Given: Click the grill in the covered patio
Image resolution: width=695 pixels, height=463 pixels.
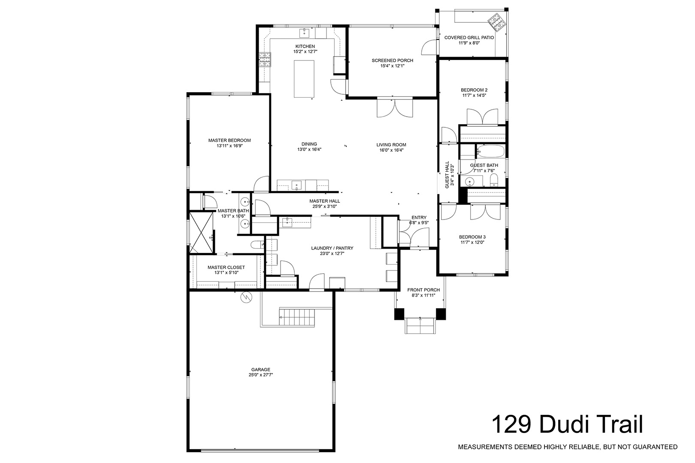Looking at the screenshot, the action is (496, 23).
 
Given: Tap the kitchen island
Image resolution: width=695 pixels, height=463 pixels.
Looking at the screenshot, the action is (304, 79).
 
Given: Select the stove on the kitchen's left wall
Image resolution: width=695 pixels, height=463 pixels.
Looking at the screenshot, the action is (265, 60).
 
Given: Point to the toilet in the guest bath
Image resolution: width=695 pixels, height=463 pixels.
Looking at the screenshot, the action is (494, 180).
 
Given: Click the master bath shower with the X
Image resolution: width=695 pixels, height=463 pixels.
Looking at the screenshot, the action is (201, 232).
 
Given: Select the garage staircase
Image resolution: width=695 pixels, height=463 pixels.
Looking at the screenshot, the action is (297, 317).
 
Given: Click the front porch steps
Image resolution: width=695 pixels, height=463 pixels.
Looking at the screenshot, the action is (420, 326).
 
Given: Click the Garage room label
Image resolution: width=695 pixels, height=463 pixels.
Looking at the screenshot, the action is (261, 370).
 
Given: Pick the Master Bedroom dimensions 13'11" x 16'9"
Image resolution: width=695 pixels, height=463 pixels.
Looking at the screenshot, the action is (230, 146).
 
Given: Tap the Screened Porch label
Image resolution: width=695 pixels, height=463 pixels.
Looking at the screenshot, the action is (393, 60).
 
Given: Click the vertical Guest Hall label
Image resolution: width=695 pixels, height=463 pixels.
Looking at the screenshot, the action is (447, 174).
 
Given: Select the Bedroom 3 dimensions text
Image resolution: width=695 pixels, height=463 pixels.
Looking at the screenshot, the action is (472, 243).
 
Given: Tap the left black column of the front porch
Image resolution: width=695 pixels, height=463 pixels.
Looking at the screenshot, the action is (399, 314).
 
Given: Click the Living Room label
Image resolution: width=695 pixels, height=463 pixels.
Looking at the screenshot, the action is (391, 144).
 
